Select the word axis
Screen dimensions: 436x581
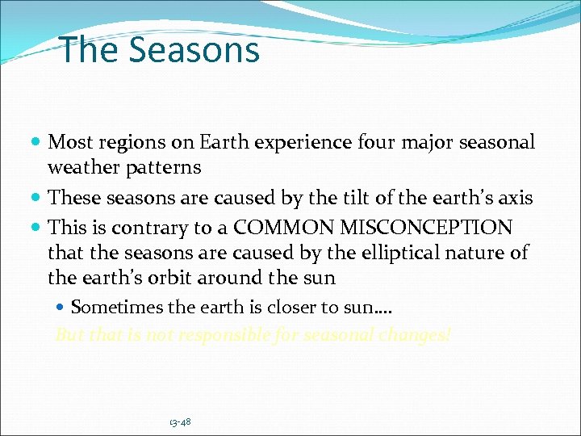pyautogui.click(x=512, y=198)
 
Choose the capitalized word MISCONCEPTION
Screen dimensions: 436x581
pyautogui.click(x=416, y=227)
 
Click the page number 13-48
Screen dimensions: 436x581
pyautogui.click(x=180, y=422)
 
